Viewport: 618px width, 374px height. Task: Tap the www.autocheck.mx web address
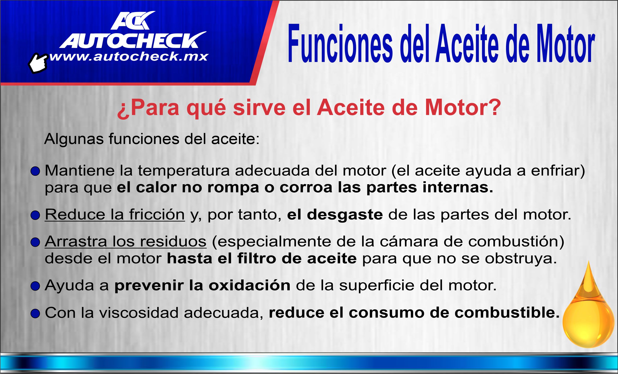[x=129, y=57]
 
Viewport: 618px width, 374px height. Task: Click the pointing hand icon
[x=38, y=63]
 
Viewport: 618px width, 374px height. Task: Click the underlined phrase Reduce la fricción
[x=115, y=215]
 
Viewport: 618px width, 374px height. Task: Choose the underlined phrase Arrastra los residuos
[x=125, y=241]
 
